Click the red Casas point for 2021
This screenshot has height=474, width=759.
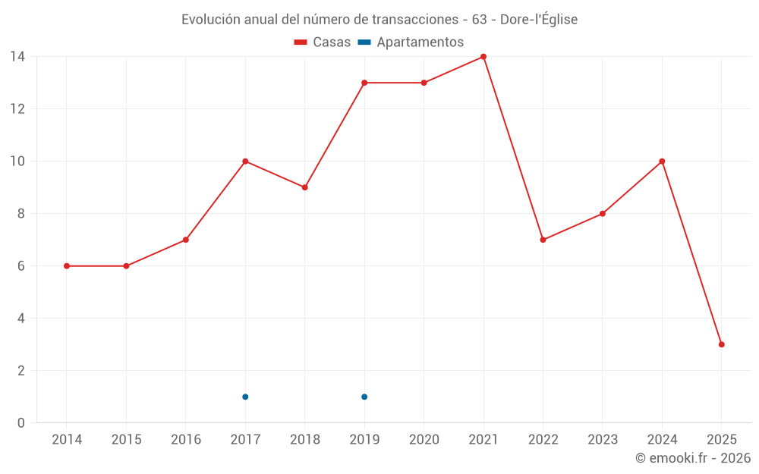tap(483, 57)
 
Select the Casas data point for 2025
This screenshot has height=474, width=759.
tap(722, 344)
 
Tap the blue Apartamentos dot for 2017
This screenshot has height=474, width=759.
tap(245, 397)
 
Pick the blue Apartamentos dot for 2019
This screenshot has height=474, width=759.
tap(364, 397)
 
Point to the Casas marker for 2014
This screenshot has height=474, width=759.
tap(67, 266)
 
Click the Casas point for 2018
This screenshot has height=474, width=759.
tap(305, 187)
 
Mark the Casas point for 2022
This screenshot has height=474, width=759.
tap(543, 240)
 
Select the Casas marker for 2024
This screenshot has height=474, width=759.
tap(662, 162)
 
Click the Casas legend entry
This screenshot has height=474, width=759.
tap(323, 42)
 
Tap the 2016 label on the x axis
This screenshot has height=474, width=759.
tap(186, 440)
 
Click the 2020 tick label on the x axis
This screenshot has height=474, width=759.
tap(424, 440)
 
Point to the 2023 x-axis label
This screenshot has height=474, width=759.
tap(603, 440)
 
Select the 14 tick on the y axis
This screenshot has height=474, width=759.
tap(17, 57)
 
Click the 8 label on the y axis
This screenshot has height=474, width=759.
tap(21, 214)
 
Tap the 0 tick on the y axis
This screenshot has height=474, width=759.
tap(21, 423)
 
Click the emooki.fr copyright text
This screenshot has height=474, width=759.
tap(693, 458)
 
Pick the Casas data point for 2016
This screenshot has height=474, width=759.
tap(186, 240)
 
